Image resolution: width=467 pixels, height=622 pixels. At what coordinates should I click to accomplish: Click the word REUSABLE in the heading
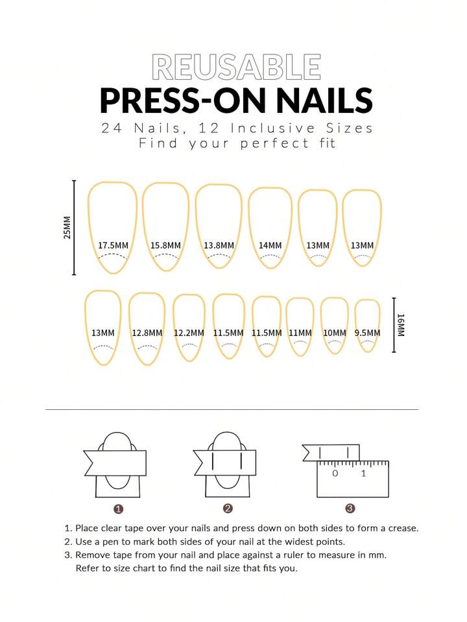coord(236,67)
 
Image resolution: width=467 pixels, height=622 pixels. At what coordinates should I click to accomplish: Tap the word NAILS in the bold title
coord(324,100)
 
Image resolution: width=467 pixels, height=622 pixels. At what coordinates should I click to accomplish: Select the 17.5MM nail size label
coord(113,246)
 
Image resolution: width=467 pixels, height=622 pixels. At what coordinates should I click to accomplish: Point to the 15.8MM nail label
coord(165,246)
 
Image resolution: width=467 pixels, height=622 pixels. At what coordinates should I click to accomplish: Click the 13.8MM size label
coord(219,246)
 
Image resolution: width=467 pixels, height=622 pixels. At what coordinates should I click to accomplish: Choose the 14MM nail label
coord(270,246)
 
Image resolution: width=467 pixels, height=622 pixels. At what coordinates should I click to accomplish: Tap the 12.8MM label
coord(147,333)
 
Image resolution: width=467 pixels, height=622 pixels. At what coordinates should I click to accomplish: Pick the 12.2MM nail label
coord(189,333)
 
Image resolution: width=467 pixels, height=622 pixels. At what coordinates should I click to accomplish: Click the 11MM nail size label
coord(300,333)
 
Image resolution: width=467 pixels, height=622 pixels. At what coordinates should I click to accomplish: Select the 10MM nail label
coord(335,333)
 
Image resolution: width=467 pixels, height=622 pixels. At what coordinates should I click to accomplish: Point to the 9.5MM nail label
coord(367,333)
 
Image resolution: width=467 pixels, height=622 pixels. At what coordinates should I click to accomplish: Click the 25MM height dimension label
coord(67,228)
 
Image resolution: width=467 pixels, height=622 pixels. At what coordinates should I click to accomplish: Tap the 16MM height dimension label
coord(401,326)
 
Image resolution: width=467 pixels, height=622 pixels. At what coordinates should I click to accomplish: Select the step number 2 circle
coord(228,508)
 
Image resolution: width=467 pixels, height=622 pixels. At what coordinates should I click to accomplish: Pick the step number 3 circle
coord(350,508)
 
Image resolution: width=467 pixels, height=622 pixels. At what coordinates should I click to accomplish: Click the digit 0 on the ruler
coord(335,473)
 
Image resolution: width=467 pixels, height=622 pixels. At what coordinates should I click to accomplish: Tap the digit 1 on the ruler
coord(363,473)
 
